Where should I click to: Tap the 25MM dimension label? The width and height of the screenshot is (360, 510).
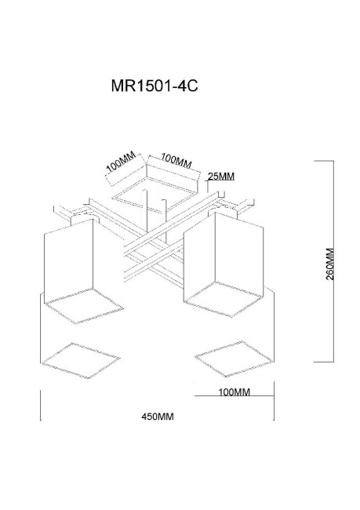click(222, 177)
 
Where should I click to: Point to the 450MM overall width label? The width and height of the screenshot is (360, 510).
click(157, 417)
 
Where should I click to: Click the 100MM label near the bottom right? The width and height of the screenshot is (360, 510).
click(233, 391)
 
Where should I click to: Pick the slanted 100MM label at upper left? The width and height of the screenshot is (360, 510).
click(122, 164)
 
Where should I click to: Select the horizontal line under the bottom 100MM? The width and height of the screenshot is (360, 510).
click(234, 398)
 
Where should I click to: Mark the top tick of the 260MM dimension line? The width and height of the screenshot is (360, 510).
click(325, 161)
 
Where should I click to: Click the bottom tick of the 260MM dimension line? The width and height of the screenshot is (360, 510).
click(325, 361)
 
